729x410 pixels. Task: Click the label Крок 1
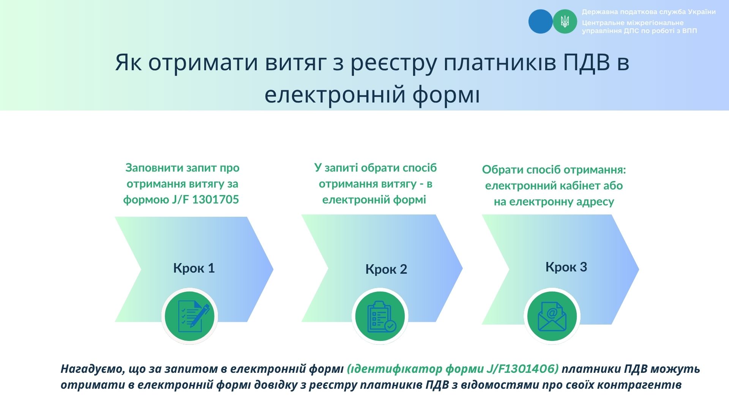(x=194, y=268)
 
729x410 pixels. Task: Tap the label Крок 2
(x=386, y=269)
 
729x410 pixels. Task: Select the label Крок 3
(x=566, y=267)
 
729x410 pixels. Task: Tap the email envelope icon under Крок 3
(x=552, y=316)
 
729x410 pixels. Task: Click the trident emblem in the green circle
(x=565, y=21)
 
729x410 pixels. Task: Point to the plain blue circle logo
(x=541, y=21)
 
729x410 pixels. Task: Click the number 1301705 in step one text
(x=216, y=200)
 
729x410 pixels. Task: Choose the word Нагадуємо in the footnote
(x=93, y=369)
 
